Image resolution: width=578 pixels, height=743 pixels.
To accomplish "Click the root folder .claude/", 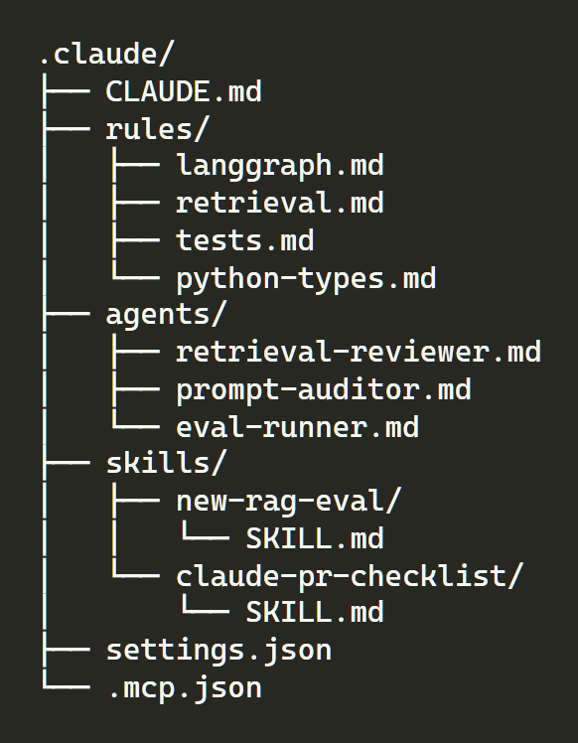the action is (107, 53).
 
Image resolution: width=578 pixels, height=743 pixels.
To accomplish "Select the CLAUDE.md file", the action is (184, 91).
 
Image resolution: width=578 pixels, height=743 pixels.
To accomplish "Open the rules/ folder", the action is (157, 129).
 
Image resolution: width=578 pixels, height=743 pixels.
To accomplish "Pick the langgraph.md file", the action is (279, 166).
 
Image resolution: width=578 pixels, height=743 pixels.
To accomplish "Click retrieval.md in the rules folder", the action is (279, 203).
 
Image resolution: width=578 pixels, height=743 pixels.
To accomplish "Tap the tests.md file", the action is (245, 240).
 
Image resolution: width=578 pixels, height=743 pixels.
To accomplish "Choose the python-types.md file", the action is (306, 278).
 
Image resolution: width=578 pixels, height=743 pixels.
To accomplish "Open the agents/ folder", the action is (166, 315).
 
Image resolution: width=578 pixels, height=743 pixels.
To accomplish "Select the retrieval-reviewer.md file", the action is (359, 352).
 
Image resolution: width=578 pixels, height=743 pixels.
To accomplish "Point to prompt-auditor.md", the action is (324, 390).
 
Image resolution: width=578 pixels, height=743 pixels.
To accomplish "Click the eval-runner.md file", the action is (297, 426).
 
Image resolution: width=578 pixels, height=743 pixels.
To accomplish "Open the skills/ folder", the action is (166, 463).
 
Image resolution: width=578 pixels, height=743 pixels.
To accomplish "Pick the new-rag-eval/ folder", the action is (289, 502).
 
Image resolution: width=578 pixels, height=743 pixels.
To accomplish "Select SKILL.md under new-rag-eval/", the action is (315, 538).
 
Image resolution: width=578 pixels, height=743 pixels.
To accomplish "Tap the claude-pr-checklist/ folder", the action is (350, 576).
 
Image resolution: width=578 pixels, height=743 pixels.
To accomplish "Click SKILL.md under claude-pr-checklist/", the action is (315, 612).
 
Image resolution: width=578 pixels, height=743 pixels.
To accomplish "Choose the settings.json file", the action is (218, 650).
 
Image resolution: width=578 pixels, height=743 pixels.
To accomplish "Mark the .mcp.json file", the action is (186, 688).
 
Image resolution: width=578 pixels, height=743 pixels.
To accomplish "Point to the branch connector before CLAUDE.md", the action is (67, 91).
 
